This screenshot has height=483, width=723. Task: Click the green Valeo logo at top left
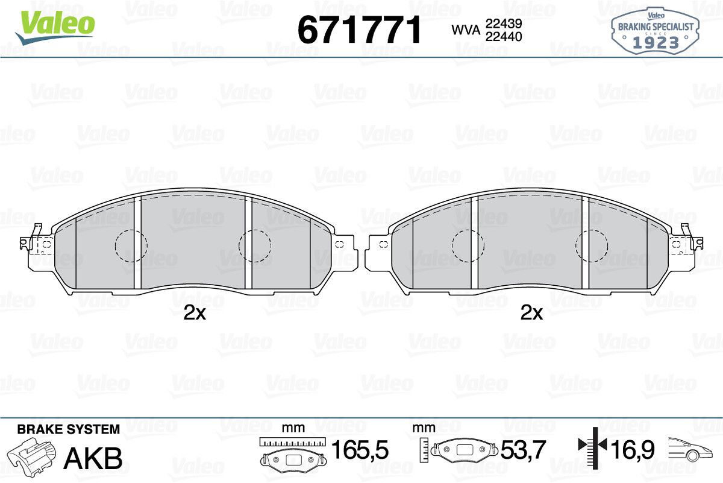click(55, 28)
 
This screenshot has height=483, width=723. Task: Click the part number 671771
click(359, 30)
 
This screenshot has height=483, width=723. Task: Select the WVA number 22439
click(504, 24)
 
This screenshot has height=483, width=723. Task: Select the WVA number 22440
click(504, 37)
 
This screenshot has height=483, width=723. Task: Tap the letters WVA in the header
click(466, 30)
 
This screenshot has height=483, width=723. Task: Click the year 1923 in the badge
click(656, 42)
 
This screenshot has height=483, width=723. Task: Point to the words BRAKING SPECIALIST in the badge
click(656, 27)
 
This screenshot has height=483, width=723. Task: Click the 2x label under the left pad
click(195, 313)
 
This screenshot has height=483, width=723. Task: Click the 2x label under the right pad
click(531, 313)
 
